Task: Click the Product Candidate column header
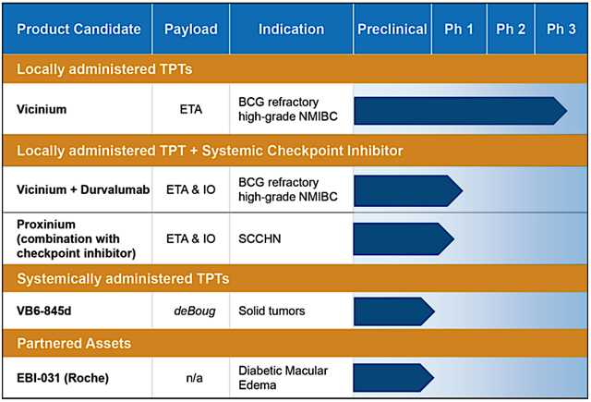[x=78, y=29]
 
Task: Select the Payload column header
[x=191, y=30]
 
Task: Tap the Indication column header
[x=292, y=29]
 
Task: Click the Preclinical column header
[x=392, y=29]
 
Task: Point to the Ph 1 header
[x=459, y=29]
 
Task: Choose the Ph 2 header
[x=511, y=29]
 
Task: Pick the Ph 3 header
[x=561, y=29]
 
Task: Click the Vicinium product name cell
[x=42, y=109]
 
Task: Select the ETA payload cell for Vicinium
[x=191, y=109]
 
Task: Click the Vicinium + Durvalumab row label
[x=83, y=189]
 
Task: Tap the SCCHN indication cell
[x=259, y=238]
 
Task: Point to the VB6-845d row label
[x=44, y=311]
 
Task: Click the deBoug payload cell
[x=195, y=311]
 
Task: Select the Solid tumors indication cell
[x=271, y=311]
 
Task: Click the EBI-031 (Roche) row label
[x=63, y=378]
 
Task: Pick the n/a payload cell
[x=195, y=378]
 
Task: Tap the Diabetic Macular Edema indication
[x=283, y=378]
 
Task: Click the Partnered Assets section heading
[x=74, y=344]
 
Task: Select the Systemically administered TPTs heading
[x=123, y=279]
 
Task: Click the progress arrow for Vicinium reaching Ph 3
[x=460, y=111]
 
